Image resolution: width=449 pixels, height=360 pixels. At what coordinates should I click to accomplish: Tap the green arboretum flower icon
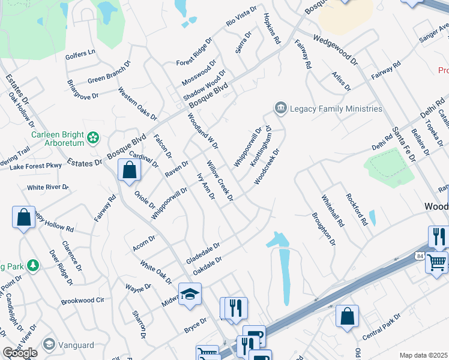(x=92, y=139)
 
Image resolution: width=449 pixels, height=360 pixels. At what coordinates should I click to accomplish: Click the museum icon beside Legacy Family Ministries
(x=280, y=109)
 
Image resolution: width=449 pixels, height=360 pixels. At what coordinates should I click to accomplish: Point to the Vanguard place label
(x=76, y=344)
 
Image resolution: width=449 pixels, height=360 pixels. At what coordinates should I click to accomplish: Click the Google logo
(x=20, y=353)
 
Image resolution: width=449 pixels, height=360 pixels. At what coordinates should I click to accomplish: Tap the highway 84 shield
(x=419, y=257)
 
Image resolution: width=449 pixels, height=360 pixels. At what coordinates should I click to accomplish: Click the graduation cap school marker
(x=190, y=294)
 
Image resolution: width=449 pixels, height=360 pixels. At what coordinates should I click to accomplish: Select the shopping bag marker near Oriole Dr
(x=129, y=170)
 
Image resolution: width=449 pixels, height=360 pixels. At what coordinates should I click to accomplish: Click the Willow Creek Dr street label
(x=220, y=180)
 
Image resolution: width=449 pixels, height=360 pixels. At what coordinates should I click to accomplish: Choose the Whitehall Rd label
(x=333, y=211)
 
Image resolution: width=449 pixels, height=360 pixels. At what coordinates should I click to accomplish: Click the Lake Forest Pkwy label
(x=35, y=166)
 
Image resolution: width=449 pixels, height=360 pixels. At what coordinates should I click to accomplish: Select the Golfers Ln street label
(x=83, y=52)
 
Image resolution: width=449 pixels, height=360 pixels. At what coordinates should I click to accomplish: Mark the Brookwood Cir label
(x=83, y=299)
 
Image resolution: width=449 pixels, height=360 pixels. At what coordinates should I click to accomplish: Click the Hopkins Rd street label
(x=271, y=29)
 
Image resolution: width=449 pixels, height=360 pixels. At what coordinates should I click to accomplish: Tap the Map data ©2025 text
(x=423, y=355)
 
